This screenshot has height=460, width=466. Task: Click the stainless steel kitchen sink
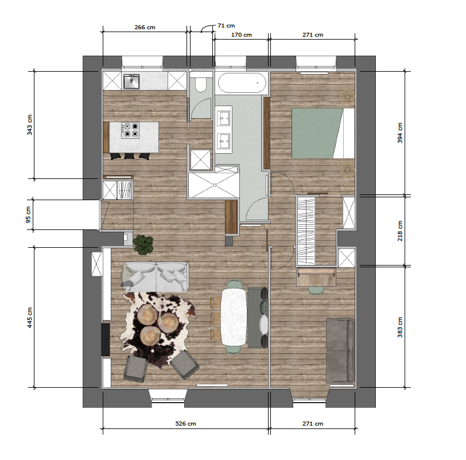(131, 81)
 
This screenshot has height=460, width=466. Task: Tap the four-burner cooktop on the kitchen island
(130, 131)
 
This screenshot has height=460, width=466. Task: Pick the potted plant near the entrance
(143, 244)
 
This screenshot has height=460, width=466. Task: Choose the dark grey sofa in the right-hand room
(340, 350)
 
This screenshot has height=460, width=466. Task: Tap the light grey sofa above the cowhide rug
(156, 276)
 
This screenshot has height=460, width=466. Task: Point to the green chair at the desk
(316, 290)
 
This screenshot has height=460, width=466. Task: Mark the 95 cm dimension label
(29, 215)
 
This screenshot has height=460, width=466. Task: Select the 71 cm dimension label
(226, 26)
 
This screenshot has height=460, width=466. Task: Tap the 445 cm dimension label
(29, 317)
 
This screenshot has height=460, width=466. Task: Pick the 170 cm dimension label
(241, 35)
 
